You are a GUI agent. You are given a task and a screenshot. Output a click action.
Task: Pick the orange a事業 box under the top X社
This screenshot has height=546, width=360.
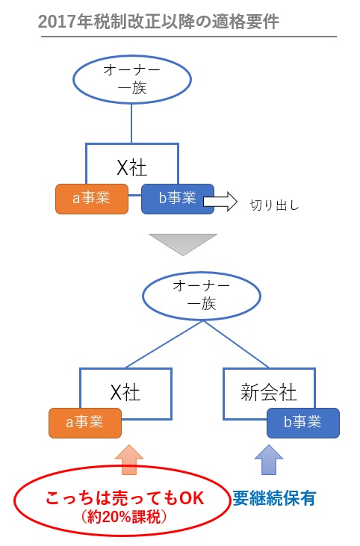[x=92, y=198]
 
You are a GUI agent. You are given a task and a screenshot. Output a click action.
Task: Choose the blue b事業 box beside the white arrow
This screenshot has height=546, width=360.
[x=178, y=198]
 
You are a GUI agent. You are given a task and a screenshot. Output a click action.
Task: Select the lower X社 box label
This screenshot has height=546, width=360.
[x=125, y=391]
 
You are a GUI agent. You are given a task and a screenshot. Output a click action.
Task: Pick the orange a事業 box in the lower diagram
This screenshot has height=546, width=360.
[x=85, y=423]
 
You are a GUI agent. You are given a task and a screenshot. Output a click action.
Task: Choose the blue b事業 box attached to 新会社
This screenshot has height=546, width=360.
[x=303, y=423]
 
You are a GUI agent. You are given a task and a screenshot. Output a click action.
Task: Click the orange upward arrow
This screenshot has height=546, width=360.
[x=128, y=459]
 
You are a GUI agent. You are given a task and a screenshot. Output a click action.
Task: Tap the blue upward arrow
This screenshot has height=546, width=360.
[x=270, y=459]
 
